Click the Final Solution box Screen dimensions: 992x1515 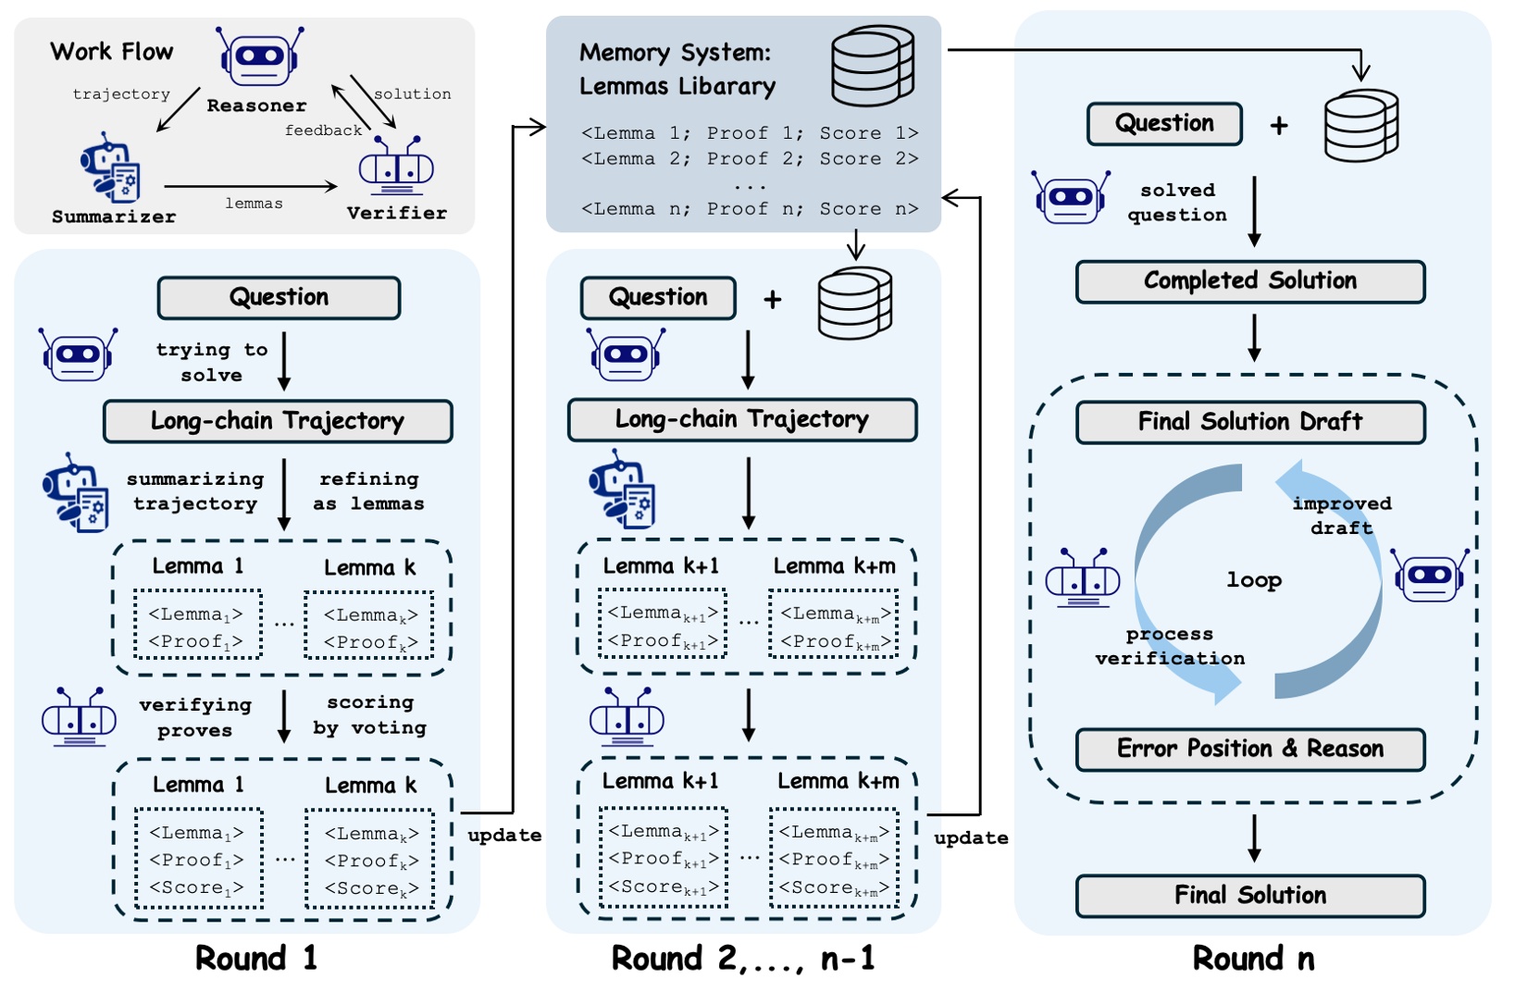[1249, 896]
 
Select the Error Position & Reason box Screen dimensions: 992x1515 [1249, 749]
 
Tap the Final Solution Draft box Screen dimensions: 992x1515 [1249, 422]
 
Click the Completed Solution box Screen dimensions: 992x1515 [1249, 281]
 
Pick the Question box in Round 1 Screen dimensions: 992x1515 [279, 298]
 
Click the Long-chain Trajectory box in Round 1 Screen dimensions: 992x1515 [278, 422]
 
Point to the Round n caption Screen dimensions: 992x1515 [1253, 959]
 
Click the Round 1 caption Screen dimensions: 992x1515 [256, 959]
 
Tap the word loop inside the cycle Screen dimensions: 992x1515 [1254, 580]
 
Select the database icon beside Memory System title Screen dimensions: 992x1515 [872, 66]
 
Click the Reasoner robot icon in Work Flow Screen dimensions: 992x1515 [260, 56]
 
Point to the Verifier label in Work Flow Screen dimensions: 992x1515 [397, 214]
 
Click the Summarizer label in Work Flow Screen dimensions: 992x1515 [114, 217]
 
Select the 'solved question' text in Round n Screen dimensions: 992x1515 [1177, 203]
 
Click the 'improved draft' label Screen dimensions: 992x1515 [1342, 515]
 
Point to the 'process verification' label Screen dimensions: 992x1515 [1170, 646]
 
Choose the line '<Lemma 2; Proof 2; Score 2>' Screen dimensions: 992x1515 [750, 159]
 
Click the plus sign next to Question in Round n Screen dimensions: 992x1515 [1279, 126]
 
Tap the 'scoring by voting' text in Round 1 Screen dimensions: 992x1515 [370, 715]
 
